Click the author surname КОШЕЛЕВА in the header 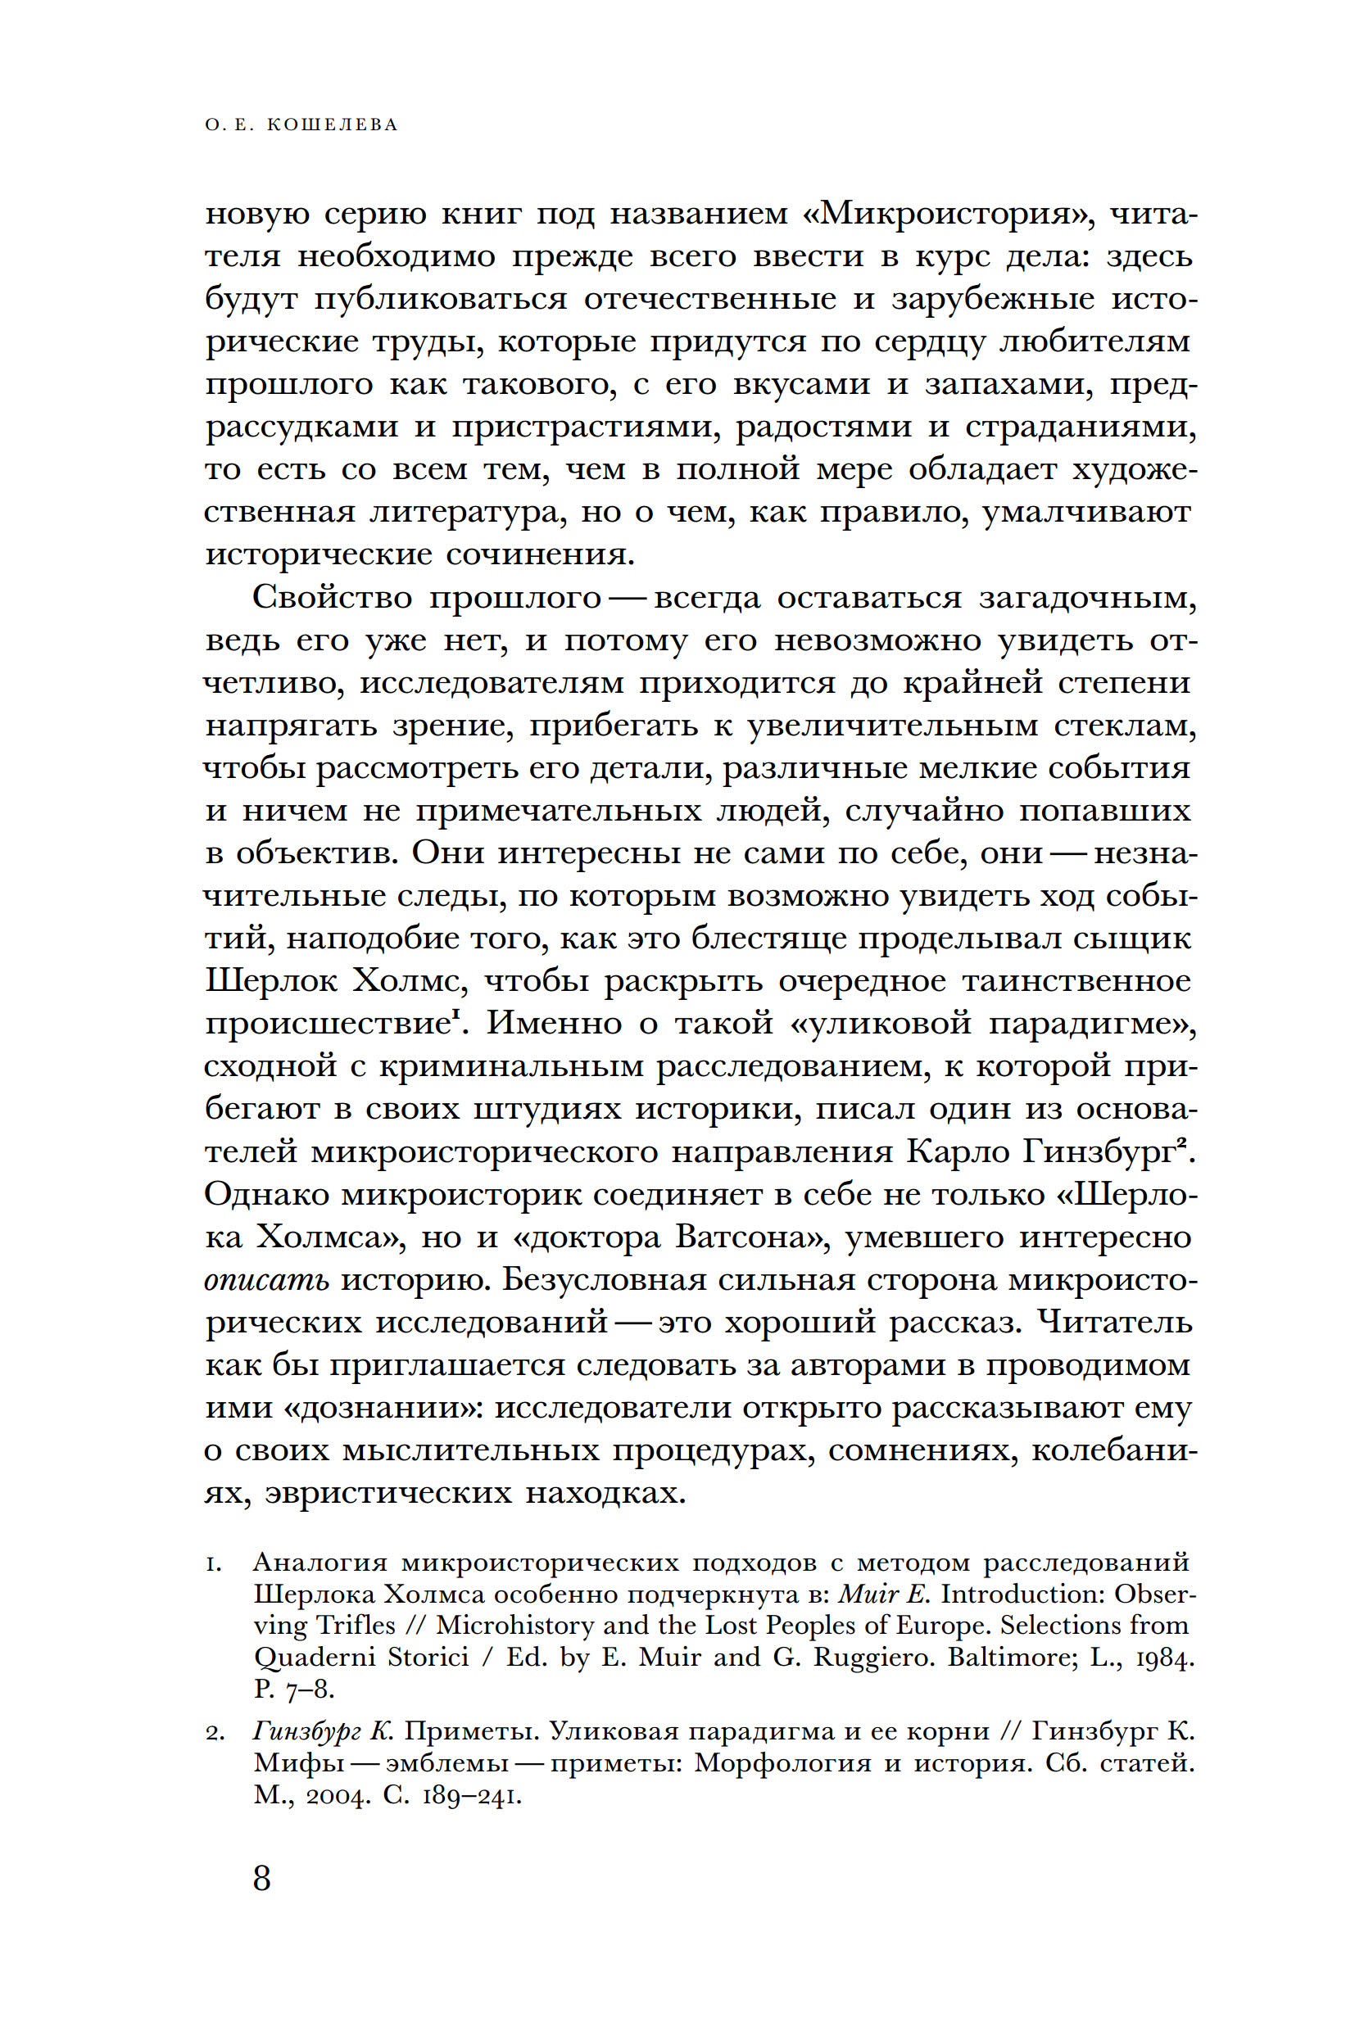point(333,125)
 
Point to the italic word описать point(266,1280)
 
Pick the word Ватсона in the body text point(752,1237)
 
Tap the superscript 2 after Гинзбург point(1181,1145)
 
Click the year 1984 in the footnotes point(1165,1658)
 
